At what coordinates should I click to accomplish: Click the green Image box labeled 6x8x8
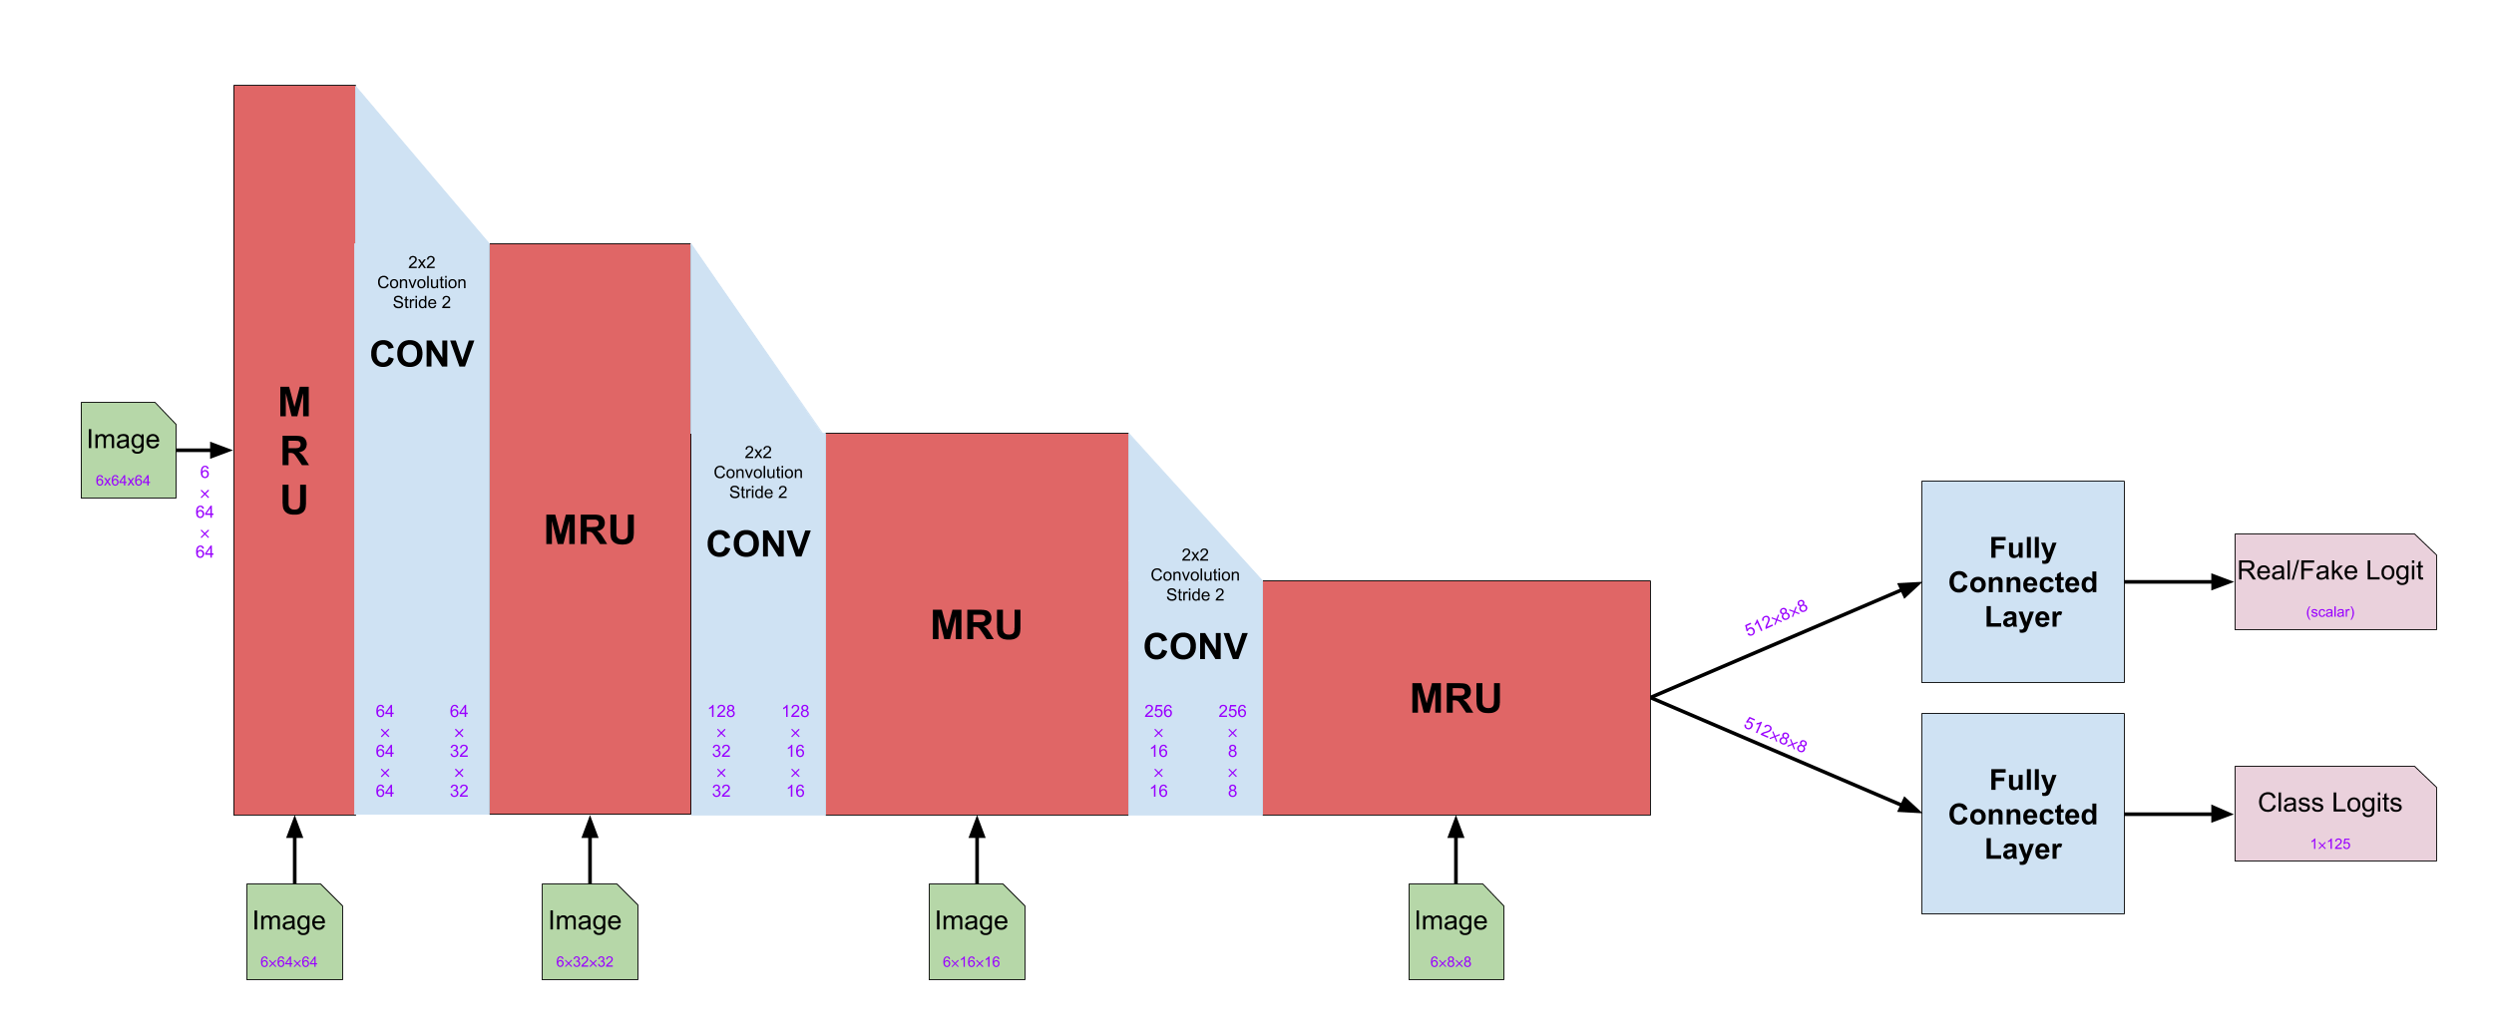[1455, 931]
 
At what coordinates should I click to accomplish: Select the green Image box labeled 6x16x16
[976, 931]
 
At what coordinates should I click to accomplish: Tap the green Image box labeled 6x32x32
[589, 931]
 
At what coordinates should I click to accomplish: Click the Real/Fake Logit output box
[2334, 581]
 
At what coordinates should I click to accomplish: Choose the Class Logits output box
[2334, 813]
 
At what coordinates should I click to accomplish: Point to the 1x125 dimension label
[2330, 844]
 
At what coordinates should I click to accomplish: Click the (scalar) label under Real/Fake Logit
[2329, 612]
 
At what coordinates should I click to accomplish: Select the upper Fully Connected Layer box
[2022, 582]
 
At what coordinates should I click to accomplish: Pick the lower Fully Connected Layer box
[2022, 814]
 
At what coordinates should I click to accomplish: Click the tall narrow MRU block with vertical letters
[294, 451]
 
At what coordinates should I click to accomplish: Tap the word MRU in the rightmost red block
[1455, 698]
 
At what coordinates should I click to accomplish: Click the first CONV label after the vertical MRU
[422, 354]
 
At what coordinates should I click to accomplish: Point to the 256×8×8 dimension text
[1232, 751]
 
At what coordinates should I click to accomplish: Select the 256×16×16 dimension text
[1158, 751]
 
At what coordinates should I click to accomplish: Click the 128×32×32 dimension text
[721, 751]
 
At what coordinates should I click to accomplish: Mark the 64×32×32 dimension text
[459, 751]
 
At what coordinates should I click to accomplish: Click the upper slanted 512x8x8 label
[1776, 618]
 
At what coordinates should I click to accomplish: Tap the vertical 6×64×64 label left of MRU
[205, 513]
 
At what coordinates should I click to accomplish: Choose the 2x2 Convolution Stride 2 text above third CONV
[1195, 575]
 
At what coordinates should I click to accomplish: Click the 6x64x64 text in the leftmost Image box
[123, 481]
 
